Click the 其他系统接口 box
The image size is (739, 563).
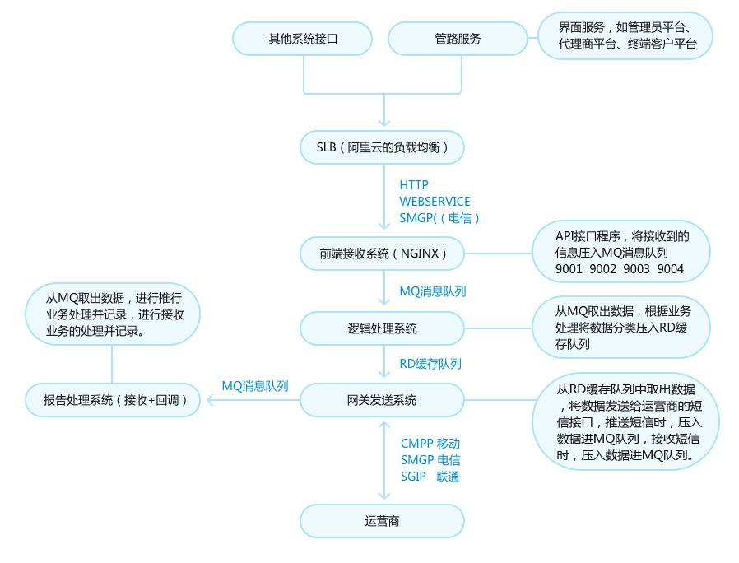click(303, 39)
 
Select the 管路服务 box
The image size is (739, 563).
click(458, 39)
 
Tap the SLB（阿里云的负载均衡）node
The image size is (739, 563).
click(382, 148)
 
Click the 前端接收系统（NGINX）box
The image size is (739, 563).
click(383, 254)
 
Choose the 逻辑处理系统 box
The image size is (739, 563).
click(382, 328)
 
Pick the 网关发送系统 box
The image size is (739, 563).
click(382, 401)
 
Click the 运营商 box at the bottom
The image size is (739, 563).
click(382, 521)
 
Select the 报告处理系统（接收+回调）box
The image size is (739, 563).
click(111, 401)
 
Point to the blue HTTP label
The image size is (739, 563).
click(414, 185)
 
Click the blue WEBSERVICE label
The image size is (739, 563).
click(435, 202)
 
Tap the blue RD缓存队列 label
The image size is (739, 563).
click(430, 364)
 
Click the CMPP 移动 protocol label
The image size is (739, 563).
click(430, 444)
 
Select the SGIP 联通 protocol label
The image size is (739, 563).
click(430, 477)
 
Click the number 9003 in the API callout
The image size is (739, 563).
click(637, 268)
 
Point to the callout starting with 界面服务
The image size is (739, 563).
click(625, 37)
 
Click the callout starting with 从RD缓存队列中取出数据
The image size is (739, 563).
click(625, 421)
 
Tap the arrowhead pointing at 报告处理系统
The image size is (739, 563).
click(211, 401)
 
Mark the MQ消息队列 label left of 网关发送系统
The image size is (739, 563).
click(254, 385)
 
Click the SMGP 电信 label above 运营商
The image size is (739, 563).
click(430, 460)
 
